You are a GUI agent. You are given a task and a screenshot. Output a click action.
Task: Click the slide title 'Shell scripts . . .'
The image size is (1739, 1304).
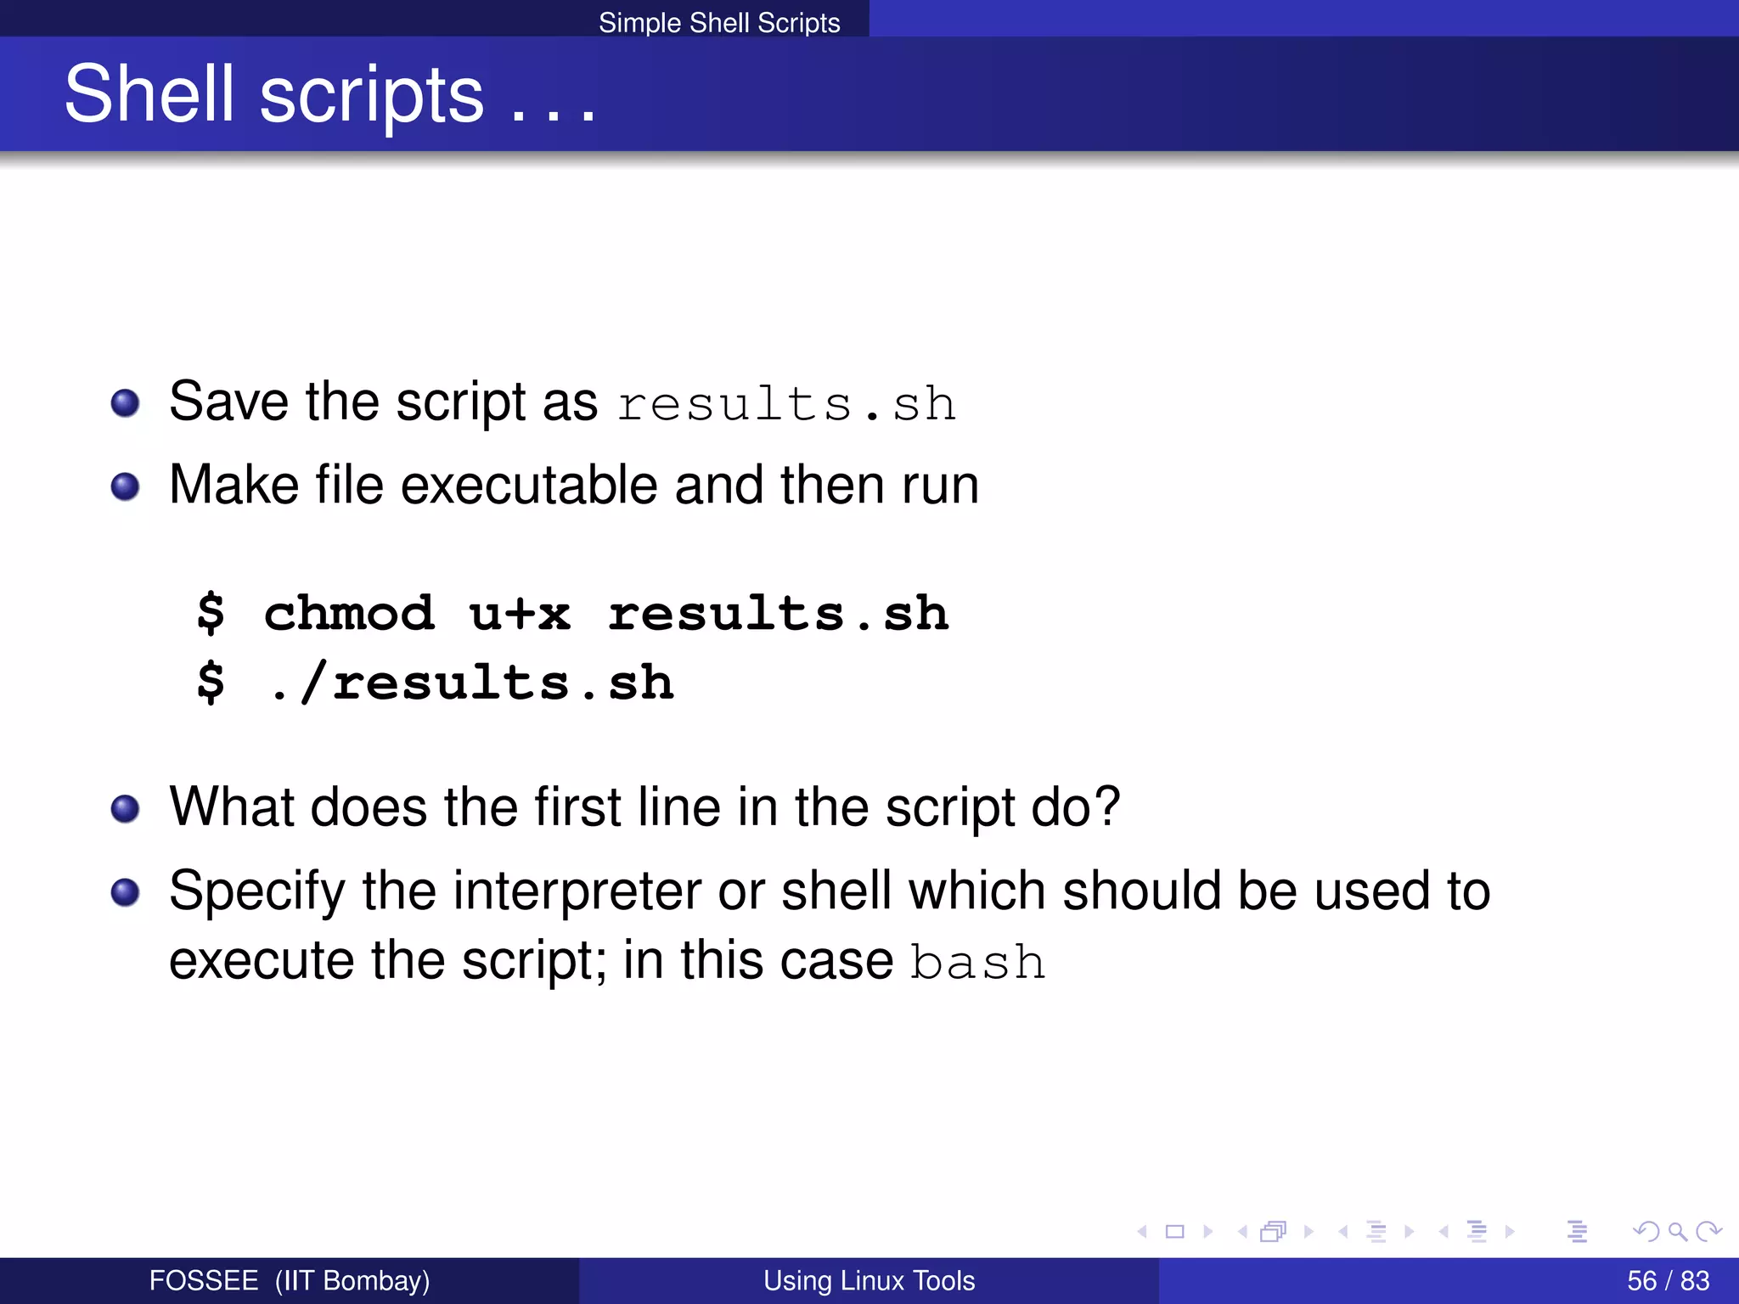point(330,95)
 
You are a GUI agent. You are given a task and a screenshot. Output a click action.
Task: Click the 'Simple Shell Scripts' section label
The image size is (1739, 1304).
point(719,23)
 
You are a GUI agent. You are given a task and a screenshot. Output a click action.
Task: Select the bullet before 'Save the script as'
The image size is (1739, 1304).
point(126,403)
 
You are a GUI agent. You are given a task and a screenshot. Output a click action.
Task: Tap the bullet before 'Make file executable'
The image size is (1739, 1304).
point(126,486)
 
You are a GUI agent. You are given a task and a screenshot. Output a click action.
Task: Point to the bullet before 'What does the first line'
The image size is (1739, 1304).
point(126,808)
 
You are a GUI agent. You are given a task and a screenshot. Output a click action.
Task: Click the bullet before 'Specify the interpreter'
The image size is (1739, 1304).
point(126,892)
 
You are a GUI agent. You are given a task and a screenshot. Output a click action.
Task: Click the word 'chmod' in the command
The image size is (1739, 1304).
point(349,613)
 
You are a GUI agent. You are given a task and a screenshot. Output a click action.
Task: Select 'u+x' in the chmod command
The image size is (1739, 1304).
point(520,613)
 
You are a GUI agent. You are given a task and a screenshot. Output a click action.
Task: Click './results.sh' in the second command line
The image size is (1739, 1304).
point(470,683)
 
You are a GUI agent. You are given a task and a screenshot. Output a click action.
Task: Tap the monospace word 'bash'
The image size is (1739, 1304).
point(977,963)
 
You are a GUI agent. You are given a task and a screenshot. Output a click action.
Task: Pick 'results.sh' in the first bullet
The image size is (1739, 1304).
point(786,404)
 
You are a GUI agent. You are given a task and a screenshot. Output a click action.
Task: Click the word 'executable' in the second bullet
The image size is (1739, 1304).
point(529,486)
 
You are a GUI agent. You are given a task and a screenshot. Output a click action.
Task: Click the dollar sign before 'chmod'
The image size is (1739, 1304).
point(211,613)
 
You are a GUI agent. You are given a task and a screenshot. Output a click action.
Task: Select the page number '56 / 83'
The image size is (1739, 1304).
point(1668,1280)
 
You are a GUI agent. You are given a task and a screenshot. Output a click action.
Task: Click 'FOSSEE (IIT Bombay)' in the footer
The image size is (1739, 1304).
point(290,1280)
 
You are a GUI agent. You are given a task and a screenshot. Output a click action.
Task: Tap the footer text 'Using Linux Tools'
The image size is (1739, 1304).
point(869,1280)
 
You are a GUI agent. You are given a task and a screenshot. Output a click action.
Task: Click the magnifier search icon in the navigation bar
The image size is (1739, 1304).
point(1677,1231)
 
